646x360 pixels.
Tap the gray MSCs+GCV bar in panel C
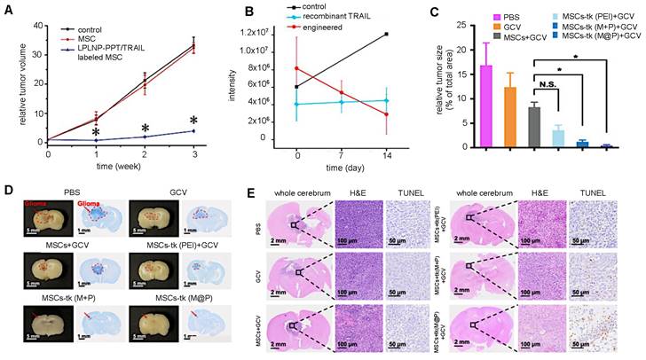(534, 125)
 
